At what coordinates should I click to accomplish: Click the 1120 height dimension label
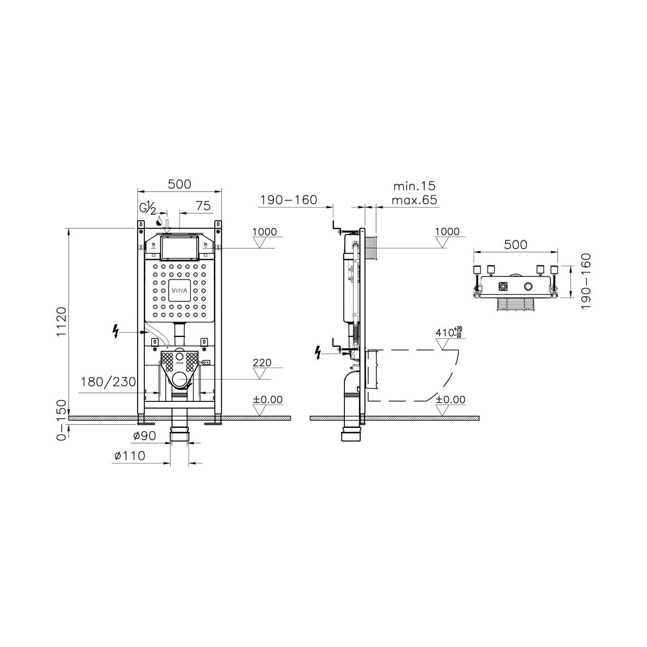[62, 321]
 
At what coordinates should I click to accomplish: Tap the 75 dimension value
[203, 206]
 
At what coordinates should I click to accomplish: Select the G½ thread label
[147, 209]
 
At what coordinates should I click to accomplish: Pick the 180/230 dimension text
[108, 382]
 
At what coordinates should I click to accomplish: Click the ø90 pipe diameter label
[144, 436]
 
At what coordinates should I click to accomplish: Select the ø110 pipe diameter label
[130, 456]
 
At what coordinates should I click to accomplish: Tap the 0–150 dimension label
[62, 420]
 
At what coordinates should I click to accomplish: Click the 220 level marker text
[262, 362]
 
